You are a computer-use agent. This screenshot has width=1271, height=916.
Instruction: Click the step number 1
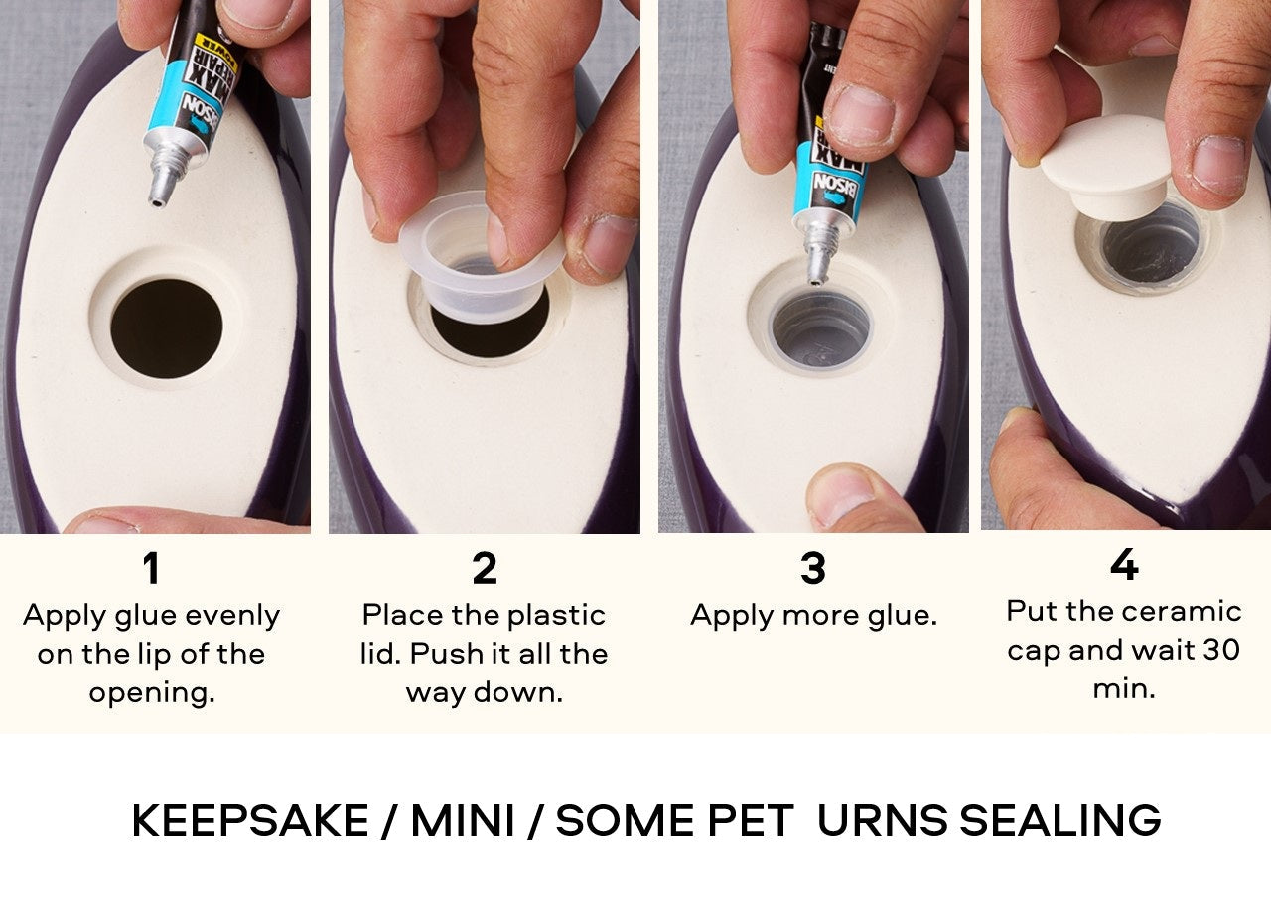(150, 569)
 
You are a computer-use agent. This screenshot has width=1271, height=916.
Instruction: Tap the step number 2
(484, 569)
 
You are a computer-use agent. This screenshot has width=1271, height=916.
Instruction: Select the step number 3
(812, 569)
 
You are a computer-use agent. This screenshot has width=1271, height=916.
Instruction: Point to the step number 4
(1123, 566)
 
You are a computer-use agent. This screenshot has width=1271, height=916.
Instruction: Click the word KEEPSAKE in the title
(249, 821)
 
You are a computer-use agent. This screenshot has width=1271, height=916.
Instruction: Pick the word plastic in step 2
(555, 615)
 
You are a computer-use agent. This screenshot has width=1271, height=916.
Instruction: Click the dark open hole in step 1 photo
(166, 328)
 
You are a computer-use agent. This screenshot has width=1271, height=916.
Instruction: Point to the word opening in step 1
(151, 692)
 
